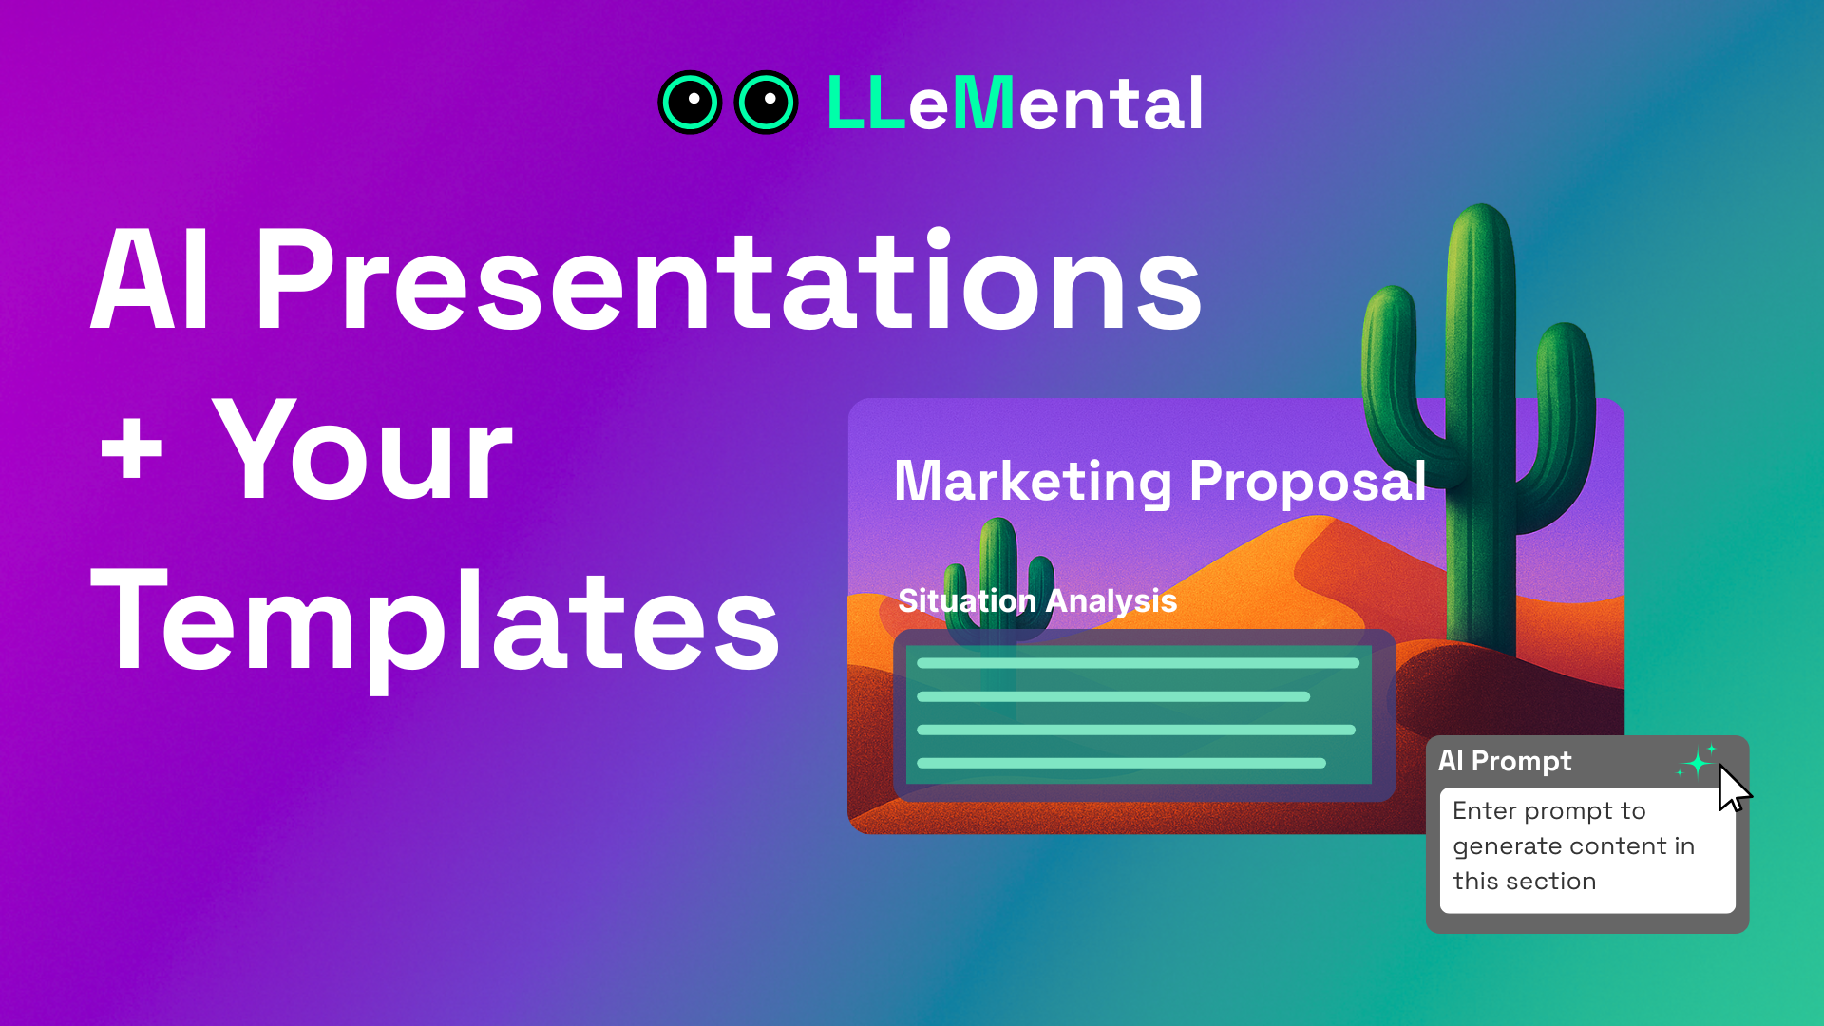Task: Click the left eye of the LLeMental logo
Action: point(690,103)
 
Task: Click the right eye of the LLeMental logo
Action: point(766,103)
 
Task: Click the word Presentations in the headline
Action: point(728,281)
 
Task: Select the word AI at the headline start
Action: point(150,281)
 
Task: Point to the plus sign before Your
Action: point(131,450)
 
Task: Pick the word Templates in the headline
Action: point(435,622)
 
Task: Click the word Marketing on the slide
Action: point(1034,482)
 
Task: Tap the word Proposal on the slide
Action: point(1307,482)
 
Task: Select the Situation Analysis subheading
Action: point(1037,600)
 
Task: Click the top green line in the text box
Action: point(1137,663)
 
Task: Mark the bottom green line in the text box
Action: point(1121,763)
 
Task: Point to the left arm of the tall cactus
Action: point(1390,361)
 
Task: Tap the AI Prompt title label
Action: point(1505,761)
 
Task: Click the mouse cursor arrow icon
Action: point(1732,788)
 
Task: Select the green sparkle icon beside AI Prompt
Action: point(1698,762)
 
